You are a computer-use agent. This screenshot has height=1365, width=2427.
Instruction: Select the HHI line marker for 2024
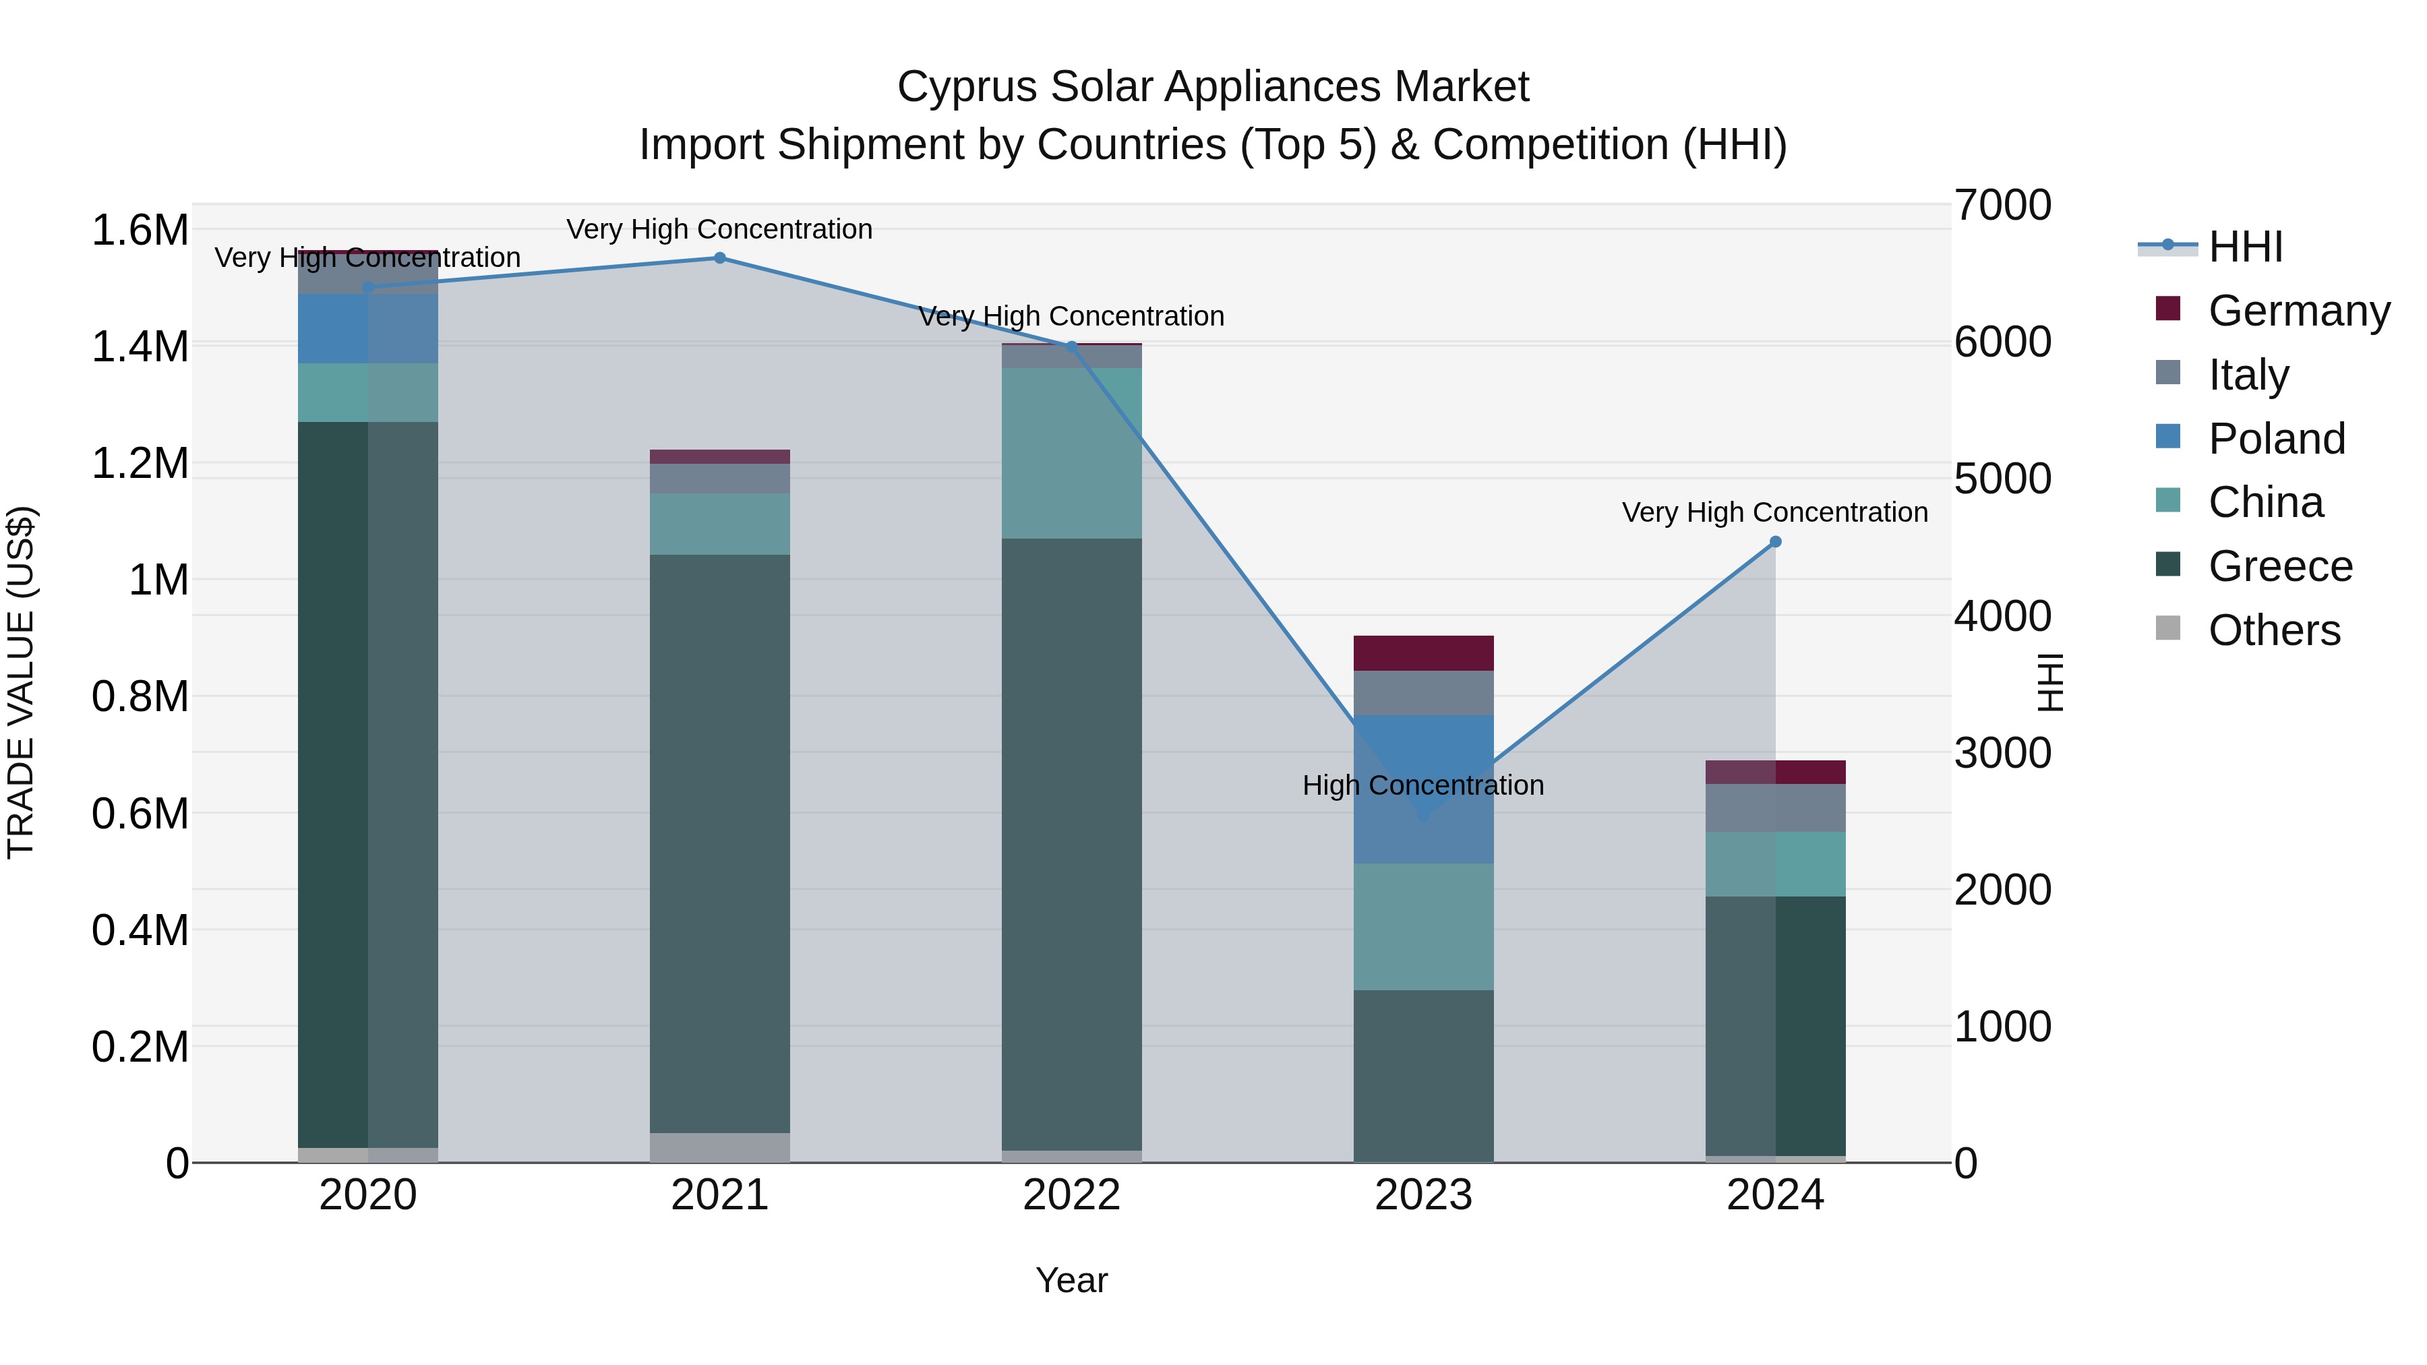(1775, 542)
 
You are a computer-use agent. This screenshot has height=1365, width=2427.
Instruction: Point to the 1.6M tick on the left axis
(140, 231)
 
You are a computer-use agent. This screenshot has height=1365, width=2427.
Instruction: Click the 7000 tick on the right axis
(2003, 206)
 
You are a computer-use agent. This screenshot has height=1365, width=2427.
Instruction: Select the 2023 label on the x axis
(1422, 1195)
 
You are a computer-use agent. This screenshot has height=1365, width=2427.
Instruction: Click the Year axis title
(1071, 1280)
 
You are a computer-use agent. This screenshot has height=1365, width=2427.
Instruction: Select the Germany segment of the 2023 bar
(1422, 653)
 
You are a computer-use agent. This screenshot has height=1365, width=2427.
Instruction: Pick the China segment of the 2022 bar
(1071, 453)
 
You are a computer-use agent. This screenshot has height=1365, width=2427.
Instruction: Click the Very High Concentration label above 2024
(1774, 512)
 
